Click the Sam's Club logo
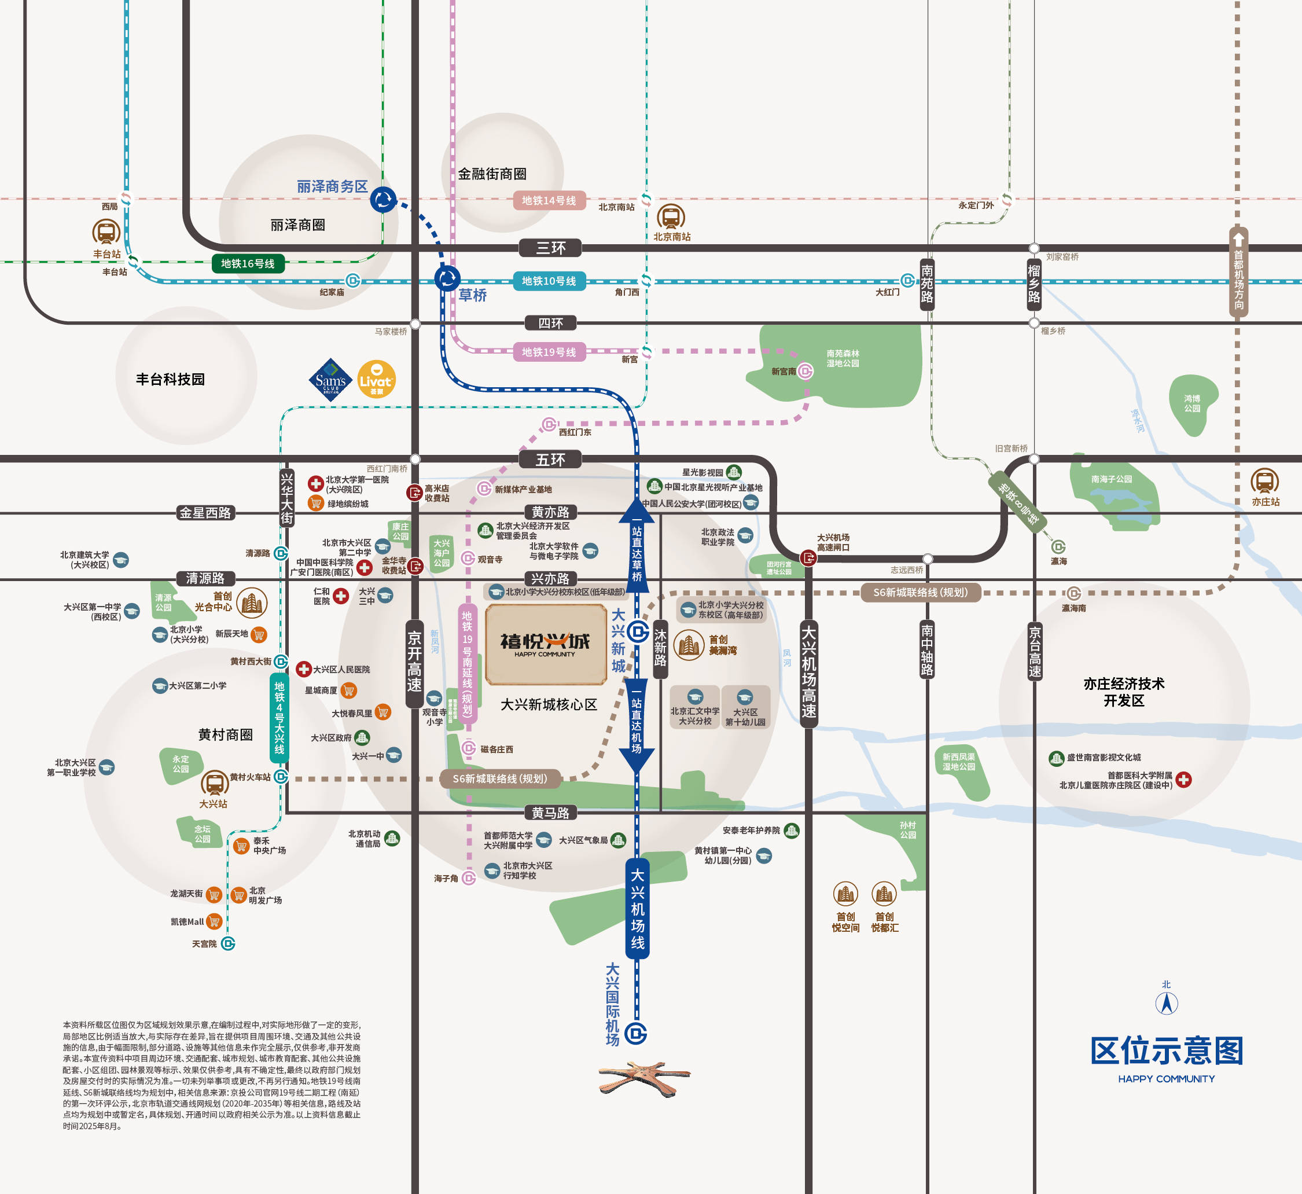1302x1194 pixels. pos(330,380)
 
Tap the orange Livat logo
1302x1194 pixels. pos(377,379)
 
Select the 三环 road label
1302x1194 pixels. pos(551,248)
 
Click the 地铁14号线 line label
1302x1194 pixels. pos(549,201)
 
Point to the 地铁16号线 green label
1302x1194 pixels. pos(248,263)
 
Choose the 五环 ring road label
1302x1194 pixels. pos(550,460)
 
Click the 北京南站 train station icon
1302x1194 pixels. pos(671,217)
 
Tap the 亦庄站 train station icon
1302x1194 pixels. pos(1264,482)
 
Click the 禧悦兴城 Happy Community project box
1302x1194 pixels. pos(546,644)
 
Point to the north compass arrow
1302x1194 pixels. pos(1167,1003)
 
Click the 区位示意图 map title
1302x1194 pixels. pos(1167,1050)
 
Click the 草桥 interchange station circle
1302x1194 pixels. pos(447,279)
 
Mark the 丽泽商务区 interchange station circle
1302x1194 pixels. pos(383,200)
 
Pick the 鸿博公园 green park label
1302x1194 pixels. pos(1192,403)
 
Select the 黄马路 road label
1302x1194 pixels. pos(550,813)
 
